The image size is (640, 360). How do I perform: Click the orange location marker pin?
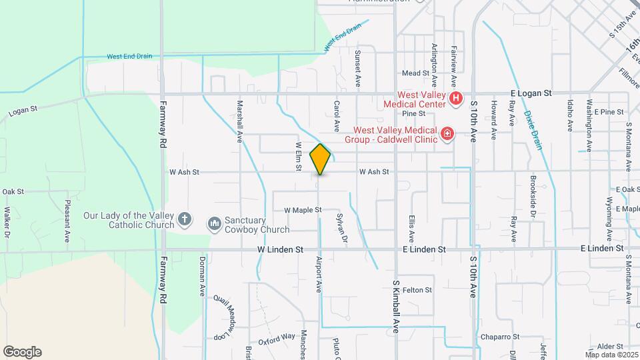[x=321, y=159]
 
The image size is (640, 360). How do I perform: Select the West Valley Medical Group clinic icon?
[x=447, y=135]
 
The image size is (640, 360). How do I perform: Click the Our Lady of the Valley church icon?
[x=185, y=219]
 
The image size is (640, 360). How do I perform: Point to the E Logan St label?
[x=531, y=93]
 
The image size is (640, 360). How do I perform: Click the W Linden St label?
[x=281, y=249]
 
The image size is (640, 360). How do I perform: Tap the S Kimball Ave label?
[x=395, y=307]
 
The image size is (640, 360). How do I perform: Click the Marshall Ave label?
[x=239, y=122]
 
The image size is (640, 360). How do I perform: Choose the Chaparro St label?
[x=501, y=337]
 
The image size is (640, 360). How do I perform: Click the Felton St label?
[x=417, y=290]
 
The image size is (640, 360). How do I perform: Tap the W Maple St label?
[x=303, y=210]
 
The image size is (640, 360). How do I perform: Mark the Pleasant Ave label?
[x=67, y=220]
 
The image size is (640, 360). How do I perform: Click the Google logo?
[x=22, y=352]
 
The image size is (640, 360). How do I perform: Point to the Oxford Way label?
[x=276, y=337]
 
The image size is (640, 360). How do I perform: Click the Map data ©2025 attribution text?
[x=611, y=355]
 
